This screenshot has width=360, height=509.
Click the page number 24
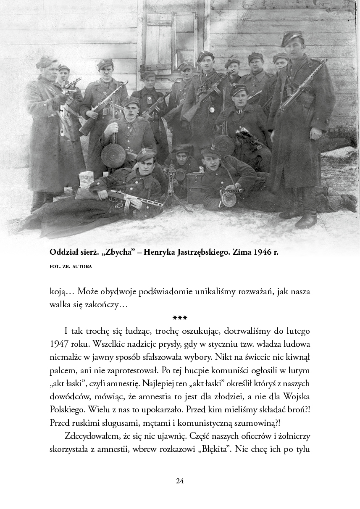[180, 481]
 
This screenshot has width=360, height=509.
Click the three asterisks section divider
[180, 318]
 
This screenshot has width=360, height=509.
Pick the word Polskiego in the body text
[67, 409]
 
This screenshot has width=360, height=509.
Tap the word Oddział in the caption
[63, 253]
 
